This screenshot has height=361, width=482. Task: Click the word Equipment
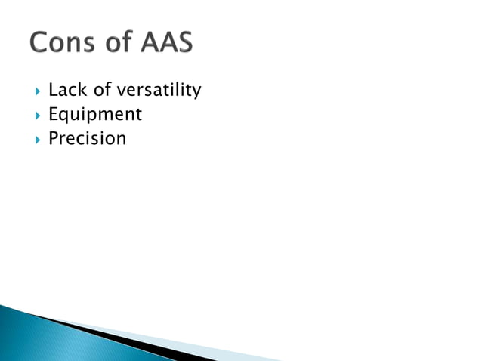pos(94,116)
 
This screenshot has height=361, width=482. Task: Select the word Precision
pos(87,139)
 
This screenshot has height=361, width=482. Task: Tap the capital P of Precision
pos(53,139)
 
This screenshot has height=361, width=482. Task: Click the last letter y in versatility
pos(196,93)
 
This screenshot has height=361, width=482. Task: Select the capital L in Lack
pos(53,91)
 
